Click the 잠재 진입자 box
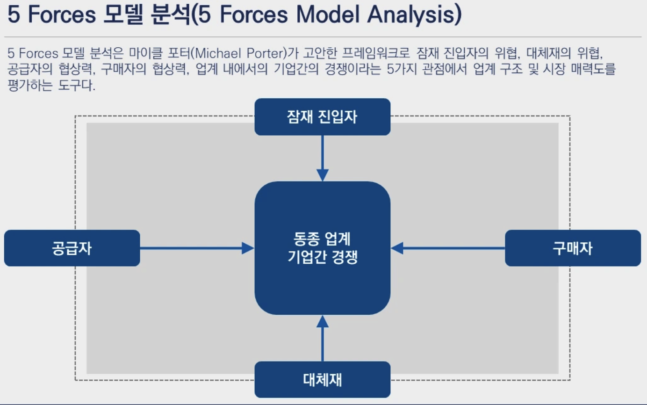click(322, 117)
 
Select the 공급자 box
click(72, 248)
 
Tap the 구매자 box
click(573, 248)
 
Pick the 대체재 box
click(322, 379)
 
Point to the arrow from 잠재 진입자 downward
click(322, 157)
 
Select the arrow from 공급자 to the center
click(196, 248)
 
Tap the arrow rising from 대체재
click(322, 339)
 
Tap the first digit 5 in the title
click(14, 16)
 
